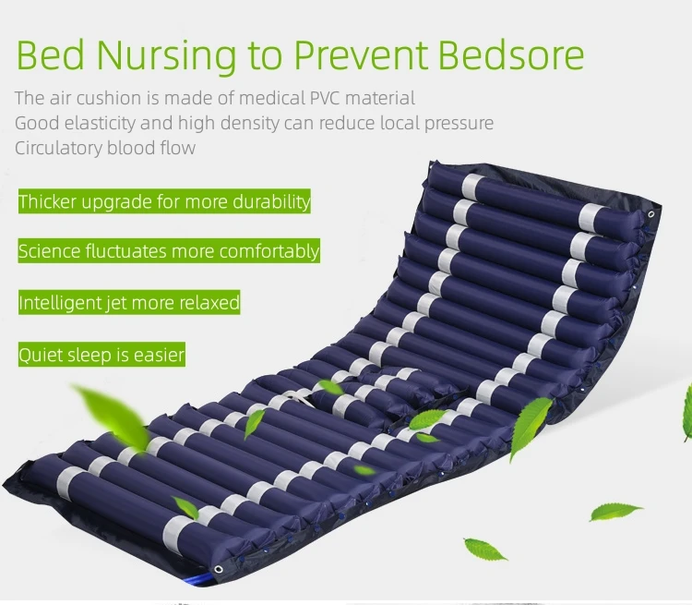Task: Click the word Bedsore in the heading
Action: (511, 55)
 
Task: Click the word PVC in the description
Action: (325, 98)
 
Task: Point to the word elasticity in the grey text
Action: (100, 123)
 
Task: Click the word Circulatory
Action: (58, 149)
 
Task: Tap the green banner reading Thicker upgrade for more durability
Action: (164, 201)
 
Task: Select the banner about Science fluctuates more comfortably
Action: (169, 251)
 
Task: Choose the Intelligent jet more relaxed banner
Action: (129, 303)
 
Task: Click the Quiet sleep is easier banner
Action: (101, 355)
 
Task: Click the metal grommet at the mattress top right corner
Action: (651, 214)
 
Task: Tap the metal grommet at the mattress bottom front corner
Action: (218, 569)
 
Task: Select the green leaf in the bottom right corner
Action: (615, 512)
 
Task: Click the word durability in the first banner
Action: (271, 202)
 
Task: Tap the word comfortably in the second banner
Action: (268, 251)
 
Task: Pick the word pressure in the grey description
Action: (459, 124)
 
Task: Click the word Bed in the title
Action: (51, 55)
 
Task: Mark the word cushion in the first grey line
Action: (109, 98)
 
